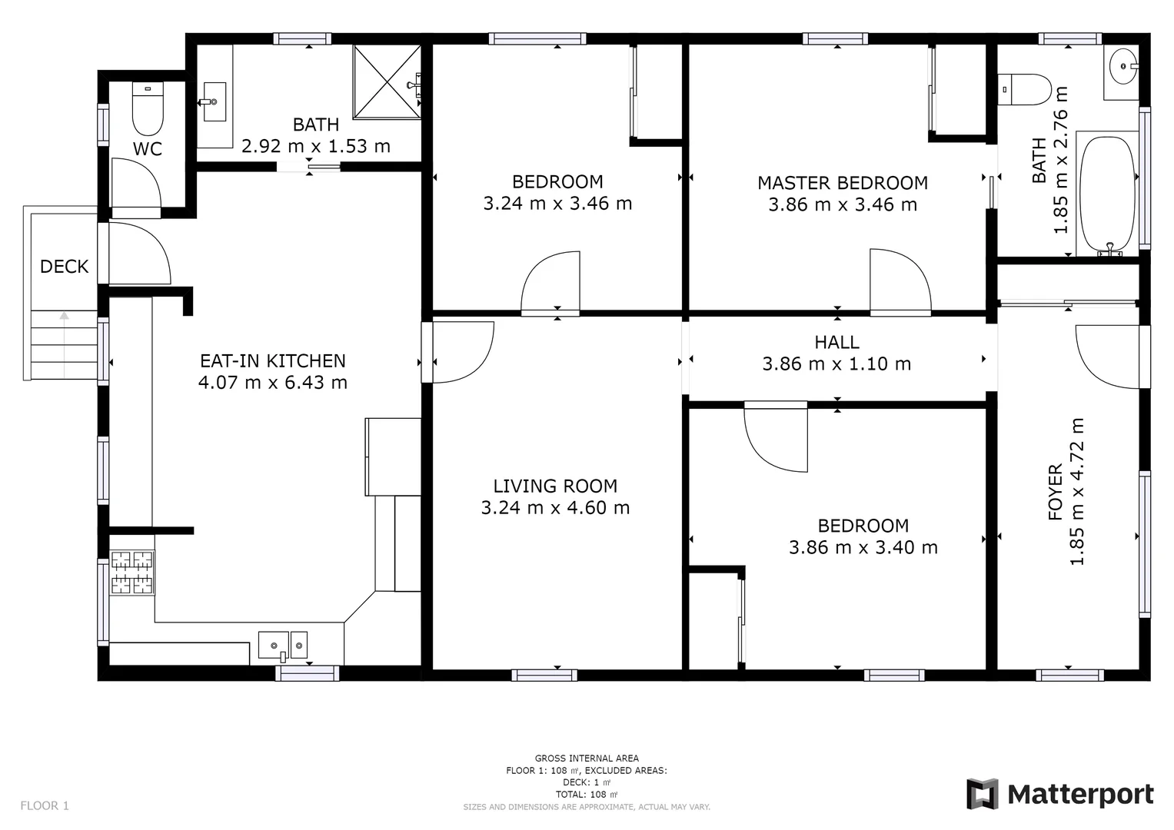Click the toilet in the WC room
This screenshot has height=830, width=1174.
pyautogui.click(x=148, y=109)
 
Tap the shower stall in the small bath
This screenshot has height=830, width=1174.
pyautogui.click(x=387, y=81)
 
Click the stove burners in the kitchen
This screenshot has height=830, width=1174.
pyautogui.click(x=132, y=573)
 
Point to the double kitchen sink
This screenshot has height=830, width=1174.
pyautogui.click(x=282, y=644)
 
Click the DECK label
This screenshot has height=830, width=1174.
pyautogui.click(x=64, y=267)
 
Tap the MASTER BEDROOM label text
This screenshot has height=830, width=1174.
pyautogui.click(x=842, y=183)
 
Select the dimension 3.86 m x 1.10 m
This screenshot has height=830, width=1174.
pyautogui.click(x=836, y=364)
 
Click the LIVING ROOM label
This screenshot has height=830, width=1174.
pyautogui.click(x=555, y=486)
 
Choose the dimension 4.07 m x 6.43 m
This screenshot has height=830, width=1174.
pyautogui.click(x=272, y=382)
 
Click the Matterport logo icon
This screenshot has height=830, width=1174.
pyautogui.click(x=982, y=794)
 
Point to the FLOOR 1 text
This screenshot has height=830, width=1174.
pyautogui.click(x=45, y=805)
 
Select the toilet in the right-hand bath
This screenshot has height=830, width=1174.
pyautogui.click(x=1025, y=90)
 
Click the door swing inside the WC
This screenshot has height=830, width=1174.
pyautogui.click(x=135, y=184)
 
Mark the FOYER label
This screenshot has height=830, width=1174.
pyautogui.click(x=1055, y=492)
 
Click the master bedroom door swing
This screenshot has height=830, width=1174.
pyautogui.click(x=898, y=281)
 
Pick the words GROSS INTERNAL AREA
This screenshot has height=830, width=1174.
pyautogui.click(x=587, y=758)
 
